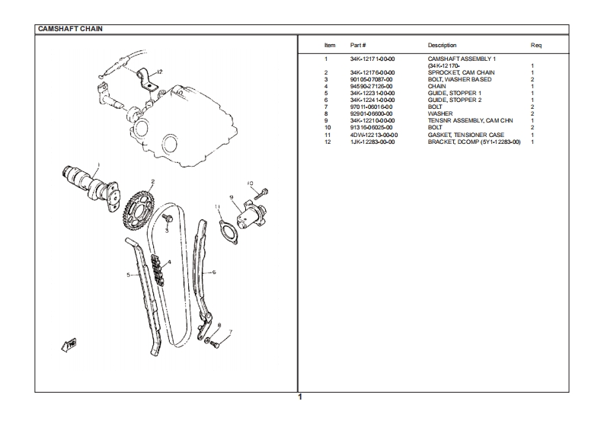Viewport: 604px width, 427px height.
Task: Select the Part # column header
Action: coord(358,46)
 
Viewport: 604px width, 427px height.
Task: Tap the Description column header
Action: coord(442,46)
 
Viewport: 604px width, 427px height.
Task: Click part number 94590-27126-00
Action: coord(371,86)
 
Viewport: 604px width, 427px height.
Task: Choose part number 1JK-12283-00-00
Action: coord(372,142)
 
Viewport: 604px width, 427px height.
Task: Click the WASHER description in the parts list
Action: coord(440,113)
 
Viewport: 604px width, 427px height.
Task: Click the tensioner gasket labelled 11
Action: coord(225,228)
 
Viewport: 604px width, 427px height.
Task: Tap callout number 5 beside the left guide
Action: coord(128,275)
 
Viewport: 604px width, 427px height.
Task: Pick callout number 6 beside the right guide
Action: coord(214,271)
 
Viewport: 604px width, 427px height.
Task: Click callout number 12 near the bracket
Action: coord(160,72)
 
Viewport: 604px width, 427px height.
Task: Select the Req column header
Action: coord(535,46)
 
